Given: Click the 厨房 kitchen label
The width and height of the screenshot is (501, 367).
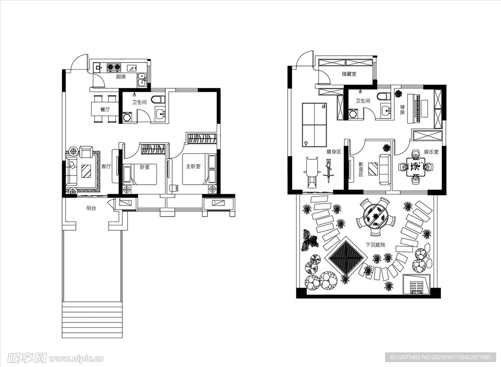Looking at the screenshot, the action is click(121, 77).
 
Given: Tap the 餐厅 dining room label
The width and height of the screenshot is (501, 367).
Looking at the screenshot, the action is click(105, 109).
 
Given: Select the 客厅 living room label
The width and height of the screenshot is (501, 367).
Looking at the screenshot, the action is click(106, 167).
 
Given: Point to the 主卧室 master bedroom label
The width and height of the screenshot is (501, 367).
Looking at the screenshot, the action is click(194, 167).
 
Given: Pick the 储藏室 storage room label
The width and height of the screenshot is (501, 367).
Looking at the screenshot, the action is click(349, 74).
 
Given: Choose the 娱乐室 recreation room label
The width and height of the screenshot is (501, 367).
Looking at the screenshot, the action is click(431, 152).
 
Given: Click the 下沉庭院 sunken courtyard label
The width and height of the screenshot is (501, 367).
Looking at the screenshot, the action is click(375, 245).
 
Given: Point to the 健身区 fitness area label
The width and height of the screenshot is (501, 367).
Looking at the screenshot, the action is click(334, 152).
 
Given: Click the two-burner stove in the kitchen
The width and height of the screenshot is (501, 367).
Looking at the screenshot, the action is click(114, 67).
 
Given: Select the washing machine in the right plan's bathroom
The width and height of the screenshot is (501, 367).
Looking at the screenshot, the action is click(354, 114).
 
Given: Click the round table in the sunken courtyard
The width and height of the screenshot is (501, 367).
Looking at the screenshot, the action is click(375, 215).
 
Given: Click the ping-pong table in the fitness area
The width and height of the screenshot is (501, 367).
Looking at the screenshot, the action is click(314, 125).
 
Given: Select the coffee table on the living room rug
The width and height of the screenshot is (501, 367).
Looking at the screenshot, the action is click(86, 171).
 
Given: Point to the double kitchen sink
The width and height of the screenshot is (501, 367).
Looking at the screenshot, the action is click(141, 80).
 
